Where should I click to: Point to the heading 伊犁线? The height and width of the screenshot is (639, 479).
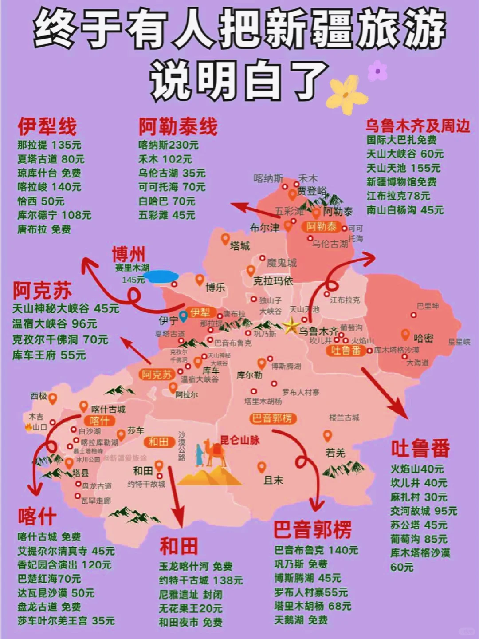coord(47,126)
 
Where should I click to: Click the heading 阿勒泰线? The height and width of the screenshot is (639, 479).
coord(178,126)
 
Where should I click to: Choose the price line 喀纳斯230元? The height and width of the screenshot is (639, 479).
coord(169,145)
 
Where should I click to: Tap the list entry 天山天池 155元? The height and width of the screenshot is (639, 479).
coord(403,168)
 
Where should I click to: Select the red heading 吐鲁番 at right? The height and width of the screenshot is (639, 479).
coord(420,448)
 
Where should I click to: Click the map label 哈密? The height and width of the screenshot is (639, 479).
coord(423,339)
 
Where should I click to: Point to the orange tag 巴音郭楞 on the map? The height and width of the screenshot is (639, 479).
coord(272,418)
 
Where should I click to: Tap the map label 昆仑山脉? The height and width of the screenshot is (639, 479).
coord(240,440)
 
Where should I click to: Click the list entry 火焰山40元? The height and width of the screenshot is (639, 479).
coord(417,469)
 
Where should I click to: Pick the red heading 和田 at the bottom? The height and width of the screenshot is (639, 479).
coord(179,546)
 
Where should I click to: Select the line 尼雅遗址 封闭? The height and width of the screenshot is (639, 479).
coord(191,595)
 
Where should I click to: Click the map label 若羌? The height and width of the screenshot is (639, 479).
coord(335,453)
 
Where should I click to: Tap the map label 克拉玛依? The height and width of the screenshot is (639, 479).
coord(273,281)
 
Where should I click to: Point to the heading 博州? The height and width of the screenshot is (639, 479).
coord(128,255)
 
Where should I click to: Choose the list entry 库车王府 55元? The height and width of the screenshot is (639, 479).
coord(49,355)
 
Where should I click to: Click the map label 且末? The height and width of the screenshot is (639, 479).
coord(273,480)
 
